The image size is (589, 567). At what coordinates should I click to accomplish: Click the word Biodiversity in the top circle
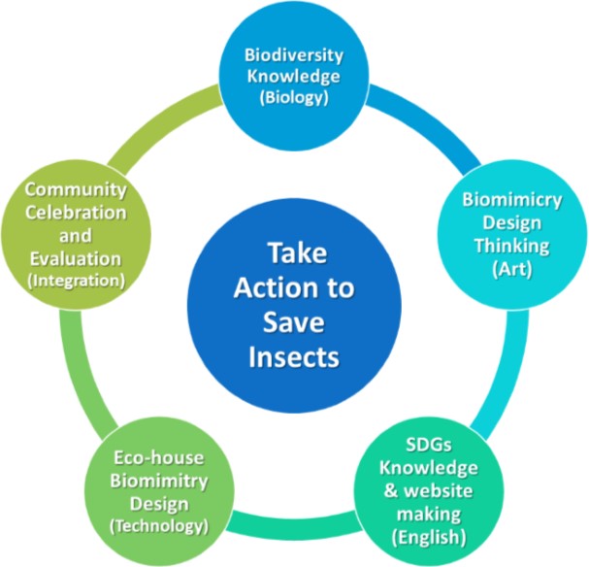point(294,56)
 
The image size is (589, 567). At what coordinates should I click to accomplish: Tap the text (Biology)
point(294,98)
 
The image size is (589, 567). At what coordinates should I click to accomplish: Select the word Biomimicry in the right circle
point(512,200)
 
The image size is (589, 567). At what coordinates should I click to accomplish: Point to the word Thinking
point(512,246)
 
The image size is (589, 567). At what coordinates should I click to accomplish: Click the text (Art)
point(512,269)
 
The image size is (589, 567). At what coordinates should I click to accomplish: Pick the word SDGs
point(429,445)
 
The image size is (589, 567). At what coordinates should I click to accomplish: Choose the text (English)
point(429,537)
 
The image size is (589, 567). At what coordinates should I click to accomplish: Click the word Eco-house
point(159,457)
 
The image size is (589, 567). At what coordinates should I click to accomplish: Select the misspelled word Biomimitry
point(159,481)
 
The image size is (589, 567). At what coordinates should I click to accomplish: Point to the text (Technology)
point(159,525)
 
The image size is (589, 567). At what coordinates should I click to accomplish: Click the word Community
point(76,189)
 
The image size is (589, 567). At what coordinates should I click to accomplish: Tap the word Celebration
point(76,213)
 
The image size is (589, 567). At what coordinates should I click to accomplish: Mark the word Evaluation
point(76,259)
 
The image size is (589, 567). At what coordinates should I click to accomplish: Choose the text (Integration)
point(76,281)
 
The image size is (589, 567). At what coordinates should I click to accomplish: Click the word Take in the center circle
point(297,252)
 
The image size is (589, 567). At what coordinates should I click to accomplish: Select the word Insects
point(294,356)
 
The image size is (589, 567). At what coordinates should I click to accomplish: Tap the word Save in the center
point(294,322)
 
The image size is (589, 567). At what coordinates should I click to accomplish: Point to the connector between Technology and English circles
point(294,523)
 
